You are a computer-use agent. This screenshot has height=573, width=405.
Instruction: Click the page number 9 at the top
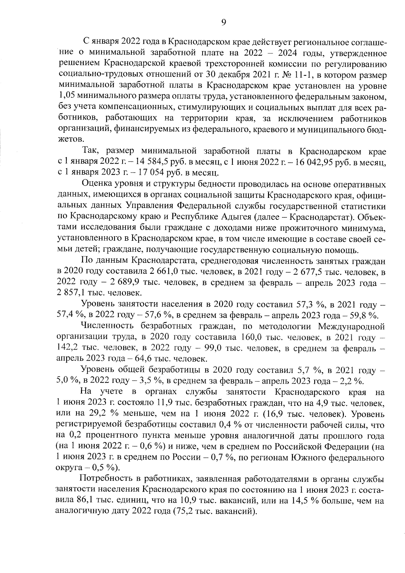[x=223, y=22]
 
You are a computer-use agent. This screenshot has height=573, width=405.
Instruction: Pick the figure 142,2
[x=66, y=348]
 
